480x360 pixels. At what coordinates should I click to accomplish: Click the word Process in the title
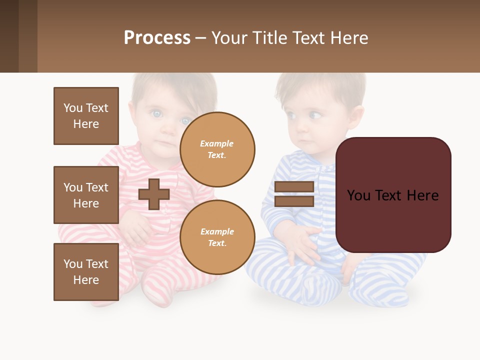[157, 38]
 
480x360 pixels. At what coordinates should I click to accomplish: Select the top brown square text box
[86, 116]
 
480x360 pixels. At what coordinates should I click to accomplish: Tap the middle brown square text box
[86, 195]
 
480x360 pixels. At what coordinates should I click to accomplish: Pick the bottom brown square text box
[86, 272]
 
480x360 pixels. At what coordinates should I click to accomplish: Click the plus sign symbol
[154, 194]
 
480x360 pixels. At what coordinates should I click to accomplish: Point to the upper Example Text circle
[217, 149]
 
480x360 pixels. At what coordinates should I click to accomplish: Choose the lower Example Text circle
[217, 237]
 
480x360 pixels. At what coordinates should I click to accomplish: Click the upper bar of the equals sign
[294, 187]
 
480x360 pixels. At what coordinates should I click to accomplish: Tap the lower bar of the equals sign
[294, 201]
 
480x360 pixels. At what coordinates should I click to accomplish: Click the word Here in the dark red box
[422, 195]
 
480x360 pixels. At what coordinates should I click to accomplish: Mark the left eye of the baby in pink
[157, 114]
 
